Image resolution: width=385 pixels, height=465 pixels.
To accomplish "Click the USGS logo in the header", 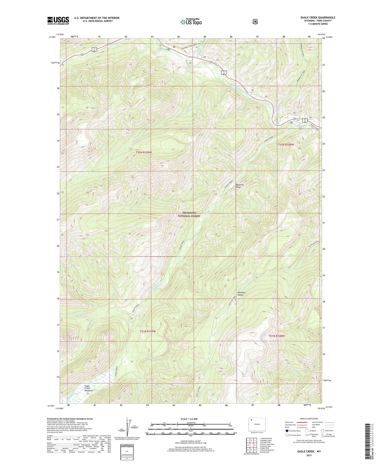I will (x=58, y=21).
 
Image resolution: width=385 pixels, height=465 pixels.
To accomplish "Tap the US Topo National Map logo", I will (x=191, y=22).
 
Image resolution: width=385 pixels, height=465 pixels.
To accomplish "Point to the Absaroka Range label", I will (x=240, y=186).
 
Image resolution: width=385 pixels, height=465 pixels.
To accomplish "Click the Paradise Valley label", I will (x=241, y=294).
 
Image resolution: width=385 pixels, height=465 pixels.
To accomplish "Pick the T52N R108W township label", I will (x=286, y=144).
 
